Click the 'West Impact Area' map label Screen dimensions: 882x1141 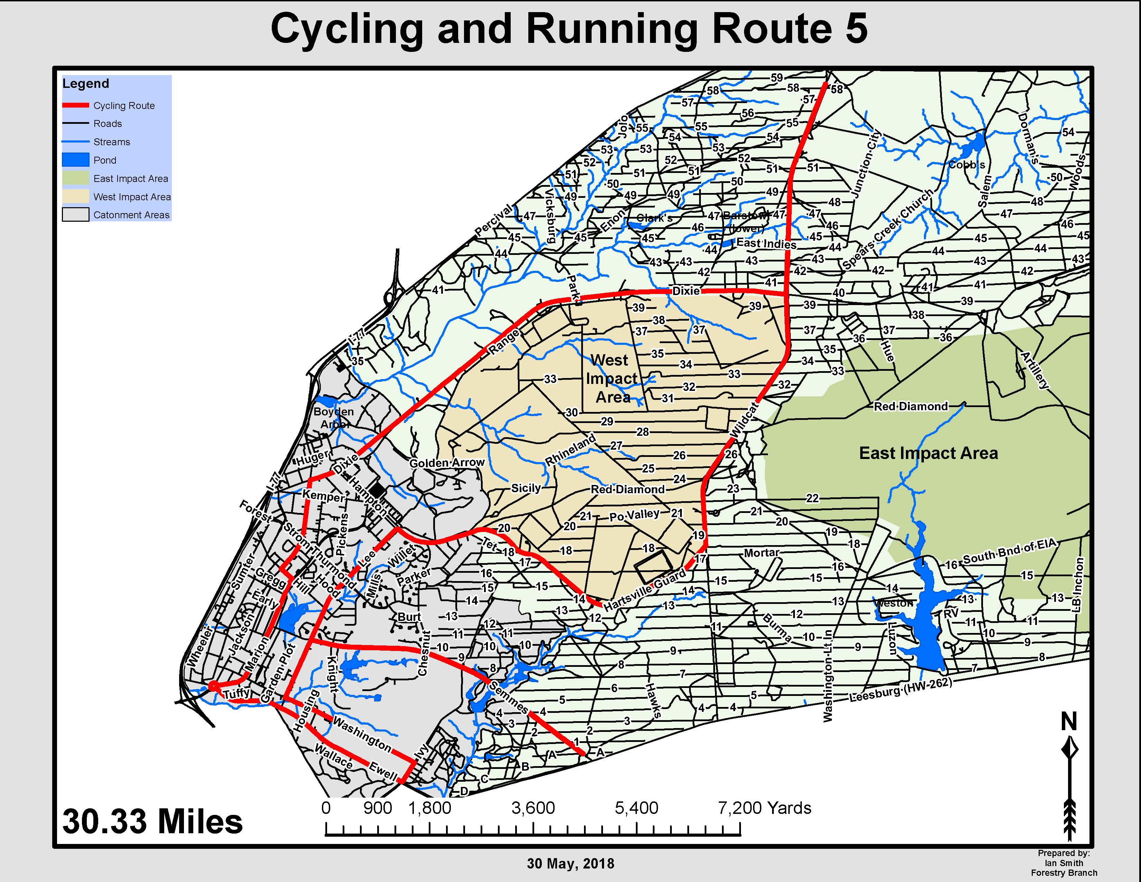pyautogui.click(x=611, y=378)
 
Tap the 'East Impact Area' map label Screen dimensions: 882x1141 pyautogui.click(x=928, y=453)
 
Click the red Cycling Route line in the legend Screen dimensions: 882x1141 pyautogui.click(x=75, y=105)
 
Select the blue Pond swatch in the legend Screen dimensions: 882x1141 pyautogui.click(x=75, y=160)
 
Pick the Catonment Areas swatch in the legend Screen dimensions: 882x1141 pyautogui.click(x=75, y=215)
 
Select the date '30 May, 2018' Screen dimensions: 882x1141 pyautogui.click(x=570, y=864)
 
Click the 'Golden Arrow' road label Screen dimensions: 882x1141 pyautogui.click(x=447, y=463)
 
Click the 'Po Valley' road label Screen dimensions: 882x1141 pyautogui.click(x=634, y=515)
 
